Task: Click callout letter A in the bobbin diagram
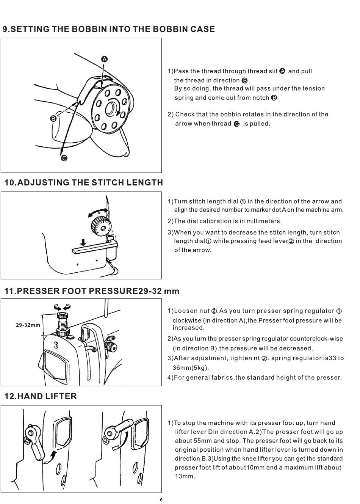click(104, 59)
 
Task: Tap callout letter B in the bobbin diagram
click(53, 119)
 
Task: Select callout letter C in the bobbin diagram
click(64, 159)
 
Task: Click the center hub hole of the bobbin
click(111, 108)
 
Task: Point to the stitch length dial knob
click(101, 227)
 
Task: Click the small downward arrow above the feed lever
click(83, 242)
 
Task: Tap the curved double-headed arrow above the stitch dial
click(98, 212)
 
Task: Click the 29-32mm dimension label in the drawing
click(28, 325)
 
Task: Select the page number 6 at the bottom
click(161, 500)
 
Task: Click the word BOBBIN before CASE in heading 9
click(169, 29)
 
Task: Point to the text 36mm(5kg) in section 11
click(191, 367)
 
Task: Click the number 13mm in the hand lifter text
click(185, 476)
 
